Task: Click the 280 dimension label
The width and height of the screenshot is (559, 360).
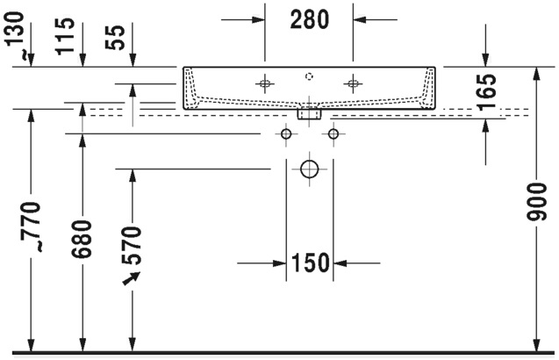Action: tap(310, 19)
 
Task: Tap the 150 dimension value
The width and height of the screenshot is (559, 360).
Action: tap(310, 263)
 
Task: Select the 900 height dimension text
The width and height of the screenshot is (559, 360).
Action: tap(536, 202)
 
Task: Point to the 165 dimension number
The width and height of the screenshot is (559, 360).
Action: tap(486, 92)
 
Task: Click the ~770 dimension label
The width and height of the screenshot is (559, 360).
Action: tap(31, 227)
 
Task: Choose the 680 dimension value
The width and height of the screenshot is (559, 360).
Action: tap(82, 238)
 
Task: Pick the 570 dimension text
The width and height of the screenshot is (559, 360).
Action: tap(132, 245)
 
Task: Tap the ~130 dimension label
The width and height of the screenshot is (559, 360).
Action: tap(16, 35)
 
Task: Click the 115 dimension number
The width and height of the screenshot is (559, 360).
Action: tap(65, 36)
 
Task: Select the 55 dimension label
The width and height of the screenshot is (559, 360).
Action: tap(116, 38)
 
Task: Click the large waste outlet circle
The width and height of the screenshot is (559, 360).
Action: tap(310, 169)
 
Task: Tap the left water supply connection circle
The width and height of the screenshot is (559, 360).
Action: tap(286, 134)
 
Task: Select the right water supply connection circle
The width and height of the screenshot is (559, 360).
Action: tap(333, 134)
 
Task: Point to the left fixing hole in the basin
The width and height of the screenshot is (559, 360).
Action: tap(265, 84)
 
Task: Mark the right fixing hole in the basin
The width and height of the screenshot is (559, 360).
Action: tap(353, 84)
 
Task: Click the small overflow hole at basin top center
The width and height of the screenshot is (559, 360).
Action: tap(310, 76)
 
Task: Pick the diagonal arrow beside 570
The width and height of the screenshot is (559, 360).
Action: tap(132, 278)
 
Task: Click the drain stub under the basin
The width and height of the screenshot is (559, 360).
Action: tap(310, 114)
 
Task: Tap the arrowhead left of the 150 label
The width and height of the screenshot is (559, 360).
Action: tap(279, 263)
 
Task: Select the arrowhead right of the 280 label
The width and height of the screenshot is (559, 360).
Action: tap(360, 19)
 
